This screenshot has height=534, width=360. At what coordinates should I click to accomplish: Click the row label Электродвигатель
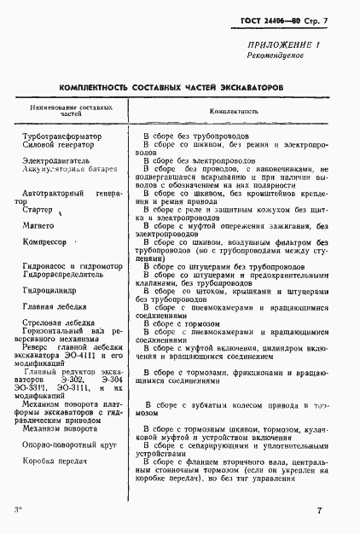tap(59, 160)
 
